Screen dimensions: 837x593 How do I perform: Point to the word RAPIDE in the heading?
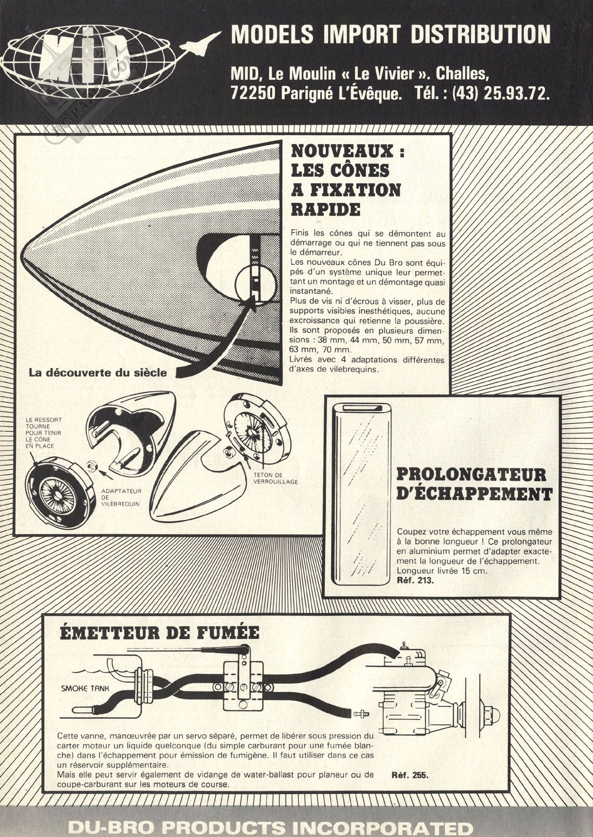click(325, 209)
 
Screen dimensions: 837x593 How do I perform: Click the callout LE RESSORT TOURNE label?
click(44, 432)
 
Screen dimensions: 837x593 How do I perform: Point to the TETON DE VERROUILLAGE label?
click(275, 478)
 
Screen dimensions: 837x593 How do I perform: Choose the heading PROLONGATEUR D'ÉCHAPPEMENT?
click(474, 484)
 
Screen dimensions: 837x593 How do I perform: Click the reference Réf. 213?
click(415, 580)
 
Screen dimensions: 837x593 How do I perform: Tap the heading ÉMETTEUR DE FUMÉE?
click(159, 633)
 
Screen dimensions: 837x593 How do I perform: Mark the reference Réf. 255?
click(409, 775)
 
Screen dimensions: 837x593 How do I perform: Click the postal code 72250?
click(255, 94)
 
